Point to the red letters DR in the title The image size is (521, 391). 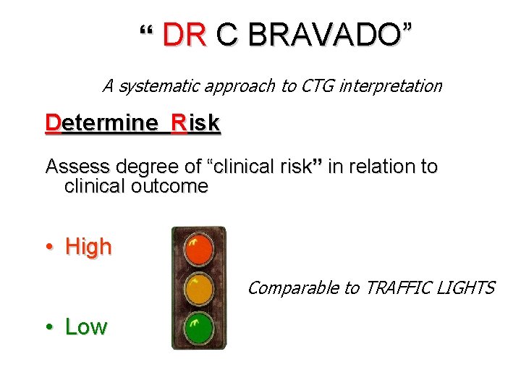pos(185,35)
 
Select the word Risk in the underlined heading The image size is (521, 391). pos(195,123)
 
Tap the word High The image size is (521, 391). pos(88,247)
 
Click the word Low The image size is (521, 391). pos(85,327)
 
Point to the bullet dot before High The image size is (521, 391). pos(49,248)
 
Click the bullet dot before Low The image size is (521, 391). pos(49,327)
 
